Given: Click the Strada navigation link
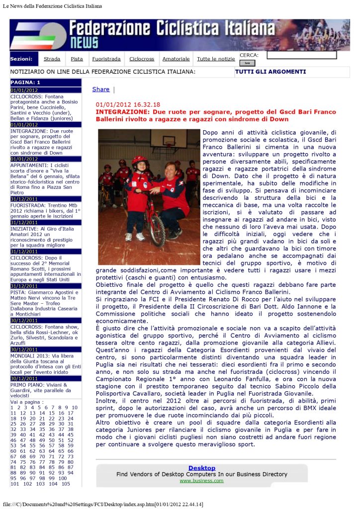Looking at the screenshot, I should pyautogui.click(x=52, y=59).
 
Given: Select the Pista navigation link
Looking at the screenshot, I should pyautogui.click(x=77, y=59).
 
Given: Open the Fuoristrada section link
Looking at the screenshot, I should pyautogui.click(x=106, y=59).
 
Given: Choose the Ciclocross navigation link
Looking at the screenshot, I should pyautogui.click(x=142, y=59).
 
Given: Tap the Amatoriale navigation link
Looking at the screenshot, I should pyautogui.click(x=176, y=59).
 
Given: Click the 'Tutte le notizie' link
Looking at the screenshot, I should pyautogui.click(x=216, y=59).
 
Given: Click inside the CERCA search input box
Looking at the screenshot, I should pyautogui.click(x=301, y=55).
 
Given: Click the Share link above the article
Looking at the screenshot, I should pyautogui.click(x=101, y=89).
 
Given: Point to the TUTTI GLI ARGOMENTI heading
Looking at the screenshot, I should pyautogui.click(x=270, y=72).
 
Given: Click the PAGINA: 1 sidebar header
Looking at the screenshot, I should pyautogui.click(x=25, y=82).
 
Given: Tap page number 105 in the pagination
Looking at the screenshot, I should pyautogui.click(x=66, y=484).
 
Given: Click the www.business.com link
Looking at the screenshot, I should pyautogui.click(x=201, y=481).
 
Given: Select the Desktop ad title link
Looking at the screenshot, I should pyautogui.click(x=201, y=468).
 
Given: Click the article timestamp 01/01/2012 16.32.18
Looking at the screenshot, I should pyautogui.click(x=128, y=105).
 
